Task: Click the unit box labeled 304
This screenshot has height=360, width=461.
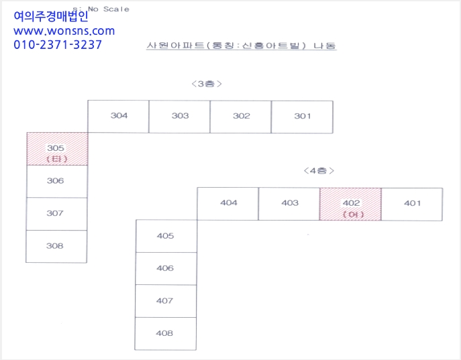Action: pyautogui.click(x=118, y=116)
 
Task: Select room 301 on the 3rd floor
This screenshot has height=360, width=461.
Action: pyautogui.click(x=302, y=117)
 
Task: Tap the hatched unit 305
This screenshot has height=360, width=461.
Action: pyautogui.click(x=57, y=149)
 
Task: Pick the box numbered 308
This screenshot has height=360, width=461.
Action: pyautogui.click(x=56, y=246)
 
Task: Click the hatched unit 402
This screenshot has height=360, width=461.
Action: pyautogui.click(x=350, y=204)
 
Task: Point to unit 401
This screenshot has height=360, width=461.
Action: pyautogui.click(x=412, y=204)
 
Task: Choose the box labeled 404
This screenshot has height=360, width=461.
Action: pyautogui.click(x=228, y=204)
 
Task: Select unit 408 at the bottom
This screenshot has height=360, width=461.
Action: pyautogui.click(x=166, y=334)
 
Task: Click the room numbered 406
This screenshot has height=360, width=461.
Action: pyautogui.click(x=166, y=268)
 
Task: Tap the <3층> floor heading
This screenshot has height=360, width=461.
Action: pyautogui.click(x=207, y=84)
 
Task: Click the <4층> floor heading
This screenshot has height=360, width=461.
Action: pyautogui.click(x=319, y=170)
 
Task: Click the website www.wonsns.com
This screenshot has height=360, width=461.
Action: pyautogui.click(x=64, y=31)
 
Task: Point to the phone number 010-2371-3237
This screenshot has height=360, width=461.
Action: pyautogui.click(x=58, y=45)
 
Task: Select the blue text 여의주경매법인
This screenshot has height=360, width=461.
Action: pyautogui.click(x=51, y=16)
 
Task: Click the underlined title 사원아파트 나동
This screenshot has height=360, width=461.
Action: pyautogui.click(x=242, y=46)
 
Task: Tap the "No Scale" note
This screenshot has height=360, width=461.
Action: pyautogui.click(x=109, y=9)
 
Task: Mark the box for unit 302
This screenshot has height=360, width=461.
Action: pyautogui.click(x=241, y=117)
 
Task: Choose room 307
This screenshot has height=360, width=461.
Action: pyautogui.click(x=57, y=214)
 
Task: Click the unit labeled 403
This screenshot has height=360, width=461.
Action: pyautogui.click(x=289, y=204)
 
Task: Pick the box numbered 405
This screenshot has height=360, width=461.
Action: pyautogui.click(x=166, y=236)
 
